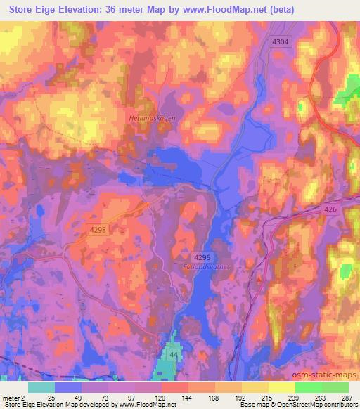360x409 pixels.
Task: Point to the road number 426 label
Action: (311, 209)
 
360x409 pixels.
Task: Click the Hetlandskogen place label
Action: (152, 118)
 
